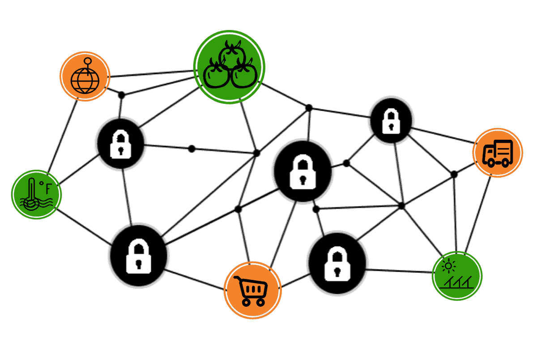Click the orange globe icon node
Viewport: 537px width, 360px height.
(x=85, y=77)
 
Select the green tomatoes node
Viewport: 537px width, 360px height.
(x=229, y=66)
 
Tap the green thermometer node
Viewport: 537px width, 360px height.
(x=36, y=194)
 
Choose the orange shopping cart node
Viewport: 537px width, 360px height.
(x=253, y=290)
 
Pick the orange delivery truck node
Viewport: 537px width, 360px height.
(x=498, y=153)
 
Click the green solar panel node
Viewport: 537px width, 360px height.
(x=457, y=275)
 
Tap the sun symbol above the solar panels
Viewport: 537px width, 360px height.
(x=447, y=266)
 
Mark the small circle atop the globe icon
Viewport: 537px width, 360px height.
(x=88, y=61)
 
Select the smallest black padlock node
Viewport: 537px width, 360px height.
(x=392, y=120)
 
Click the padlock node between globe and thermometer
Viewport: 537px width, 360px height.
(x=120, y=143)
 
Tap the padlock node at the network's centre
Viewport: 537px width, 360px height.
(x=303, y=171)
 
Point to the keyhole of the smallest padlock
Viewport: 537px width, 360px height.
(x=392, y=126)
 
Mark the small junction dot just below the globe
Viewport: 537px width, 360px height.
(x=121, y=94)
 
